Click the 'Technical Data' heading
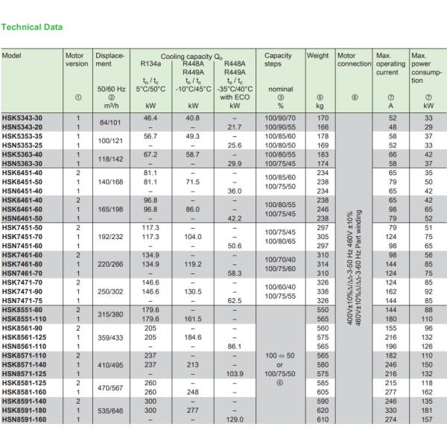click(32, 28)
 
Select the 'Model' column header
click(12, 56)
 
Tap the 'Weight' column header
click(318, 56)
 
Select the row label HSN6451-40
click(24, 191)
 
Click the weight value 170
click(323, 118)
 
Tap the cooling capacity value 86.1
click(235, 346)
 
